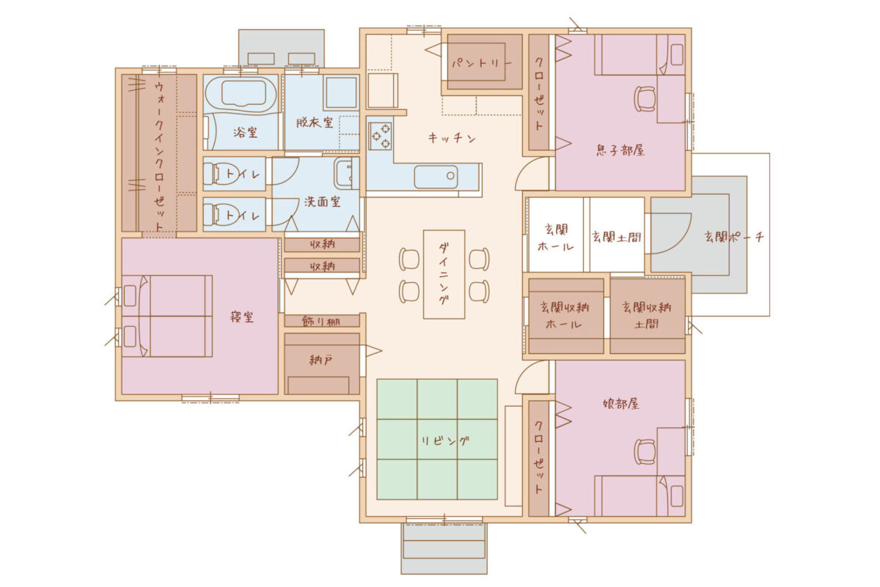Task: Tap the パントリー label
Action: [482, 63]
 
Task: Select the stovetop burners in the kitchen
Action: [380, 136]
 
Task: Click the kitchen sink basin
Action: [436, 177]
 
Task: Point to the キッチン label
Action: [452, 138]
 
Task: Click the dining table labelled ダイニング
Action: [444, 274]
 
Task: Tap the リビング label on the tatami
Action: [445, 441]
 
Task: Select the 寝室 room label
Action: [242, 317]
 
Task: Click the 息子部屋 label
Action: [620, 150]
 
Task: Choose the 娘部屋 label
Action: [620, 404]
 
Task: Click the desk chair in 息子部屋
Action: [645, 99]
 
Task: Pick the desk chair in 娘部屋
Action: [645, 451]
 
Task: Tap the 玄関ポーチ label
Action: [734, 237]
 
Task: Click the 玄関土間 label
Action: [616, 237]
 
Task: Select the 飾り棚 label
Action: [321, 322]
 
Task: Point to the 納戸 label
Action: [321, 360]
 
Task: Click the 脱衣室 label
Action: [315, 122]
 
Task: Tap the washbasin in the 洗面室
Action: [346, 174]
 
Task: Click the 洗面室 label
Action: [322, 202]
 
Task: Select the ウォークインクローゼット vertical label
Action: [159, 156]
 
